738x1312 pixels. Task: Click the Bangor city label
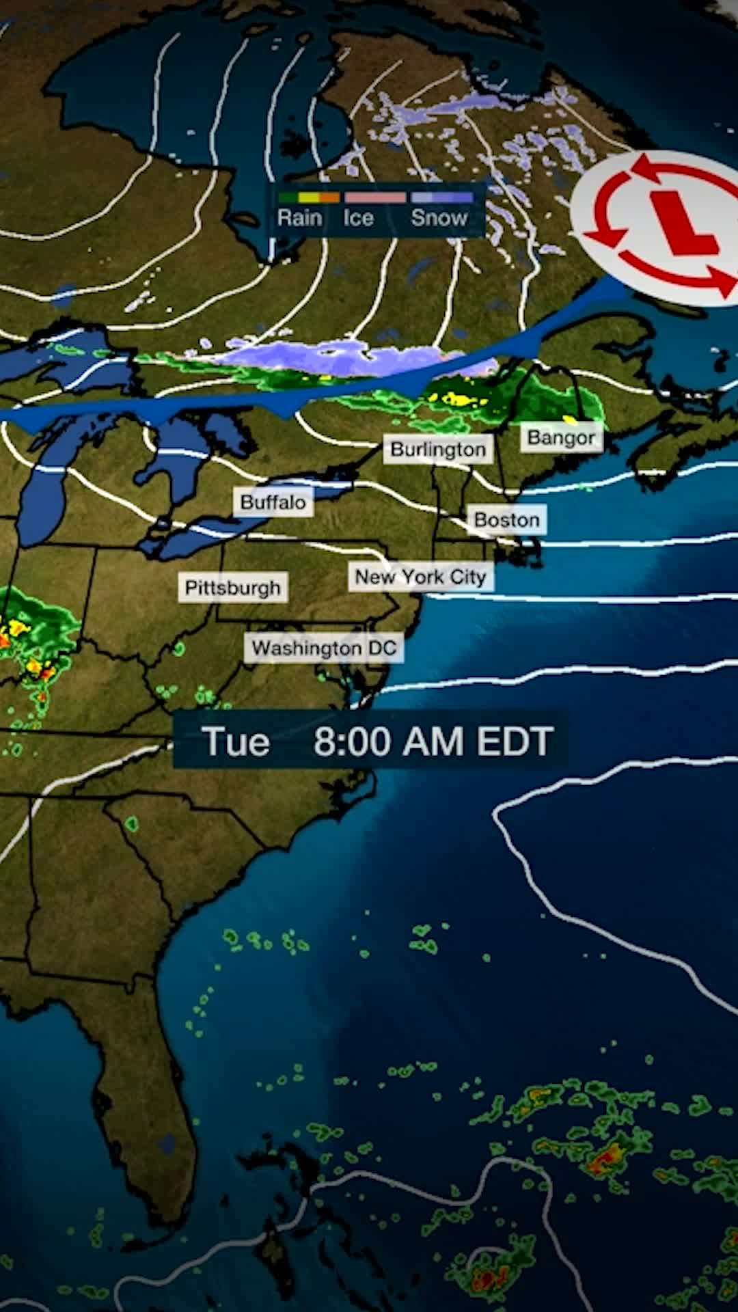tap(561, 438)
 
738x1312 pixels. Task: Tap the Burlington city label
tap(438, 450)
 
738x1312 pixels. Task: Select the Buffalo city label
tap(273, 503)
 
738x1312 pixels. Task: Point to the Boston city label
tap(506, 520)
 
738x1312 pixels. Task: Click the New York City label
tap(420, 577)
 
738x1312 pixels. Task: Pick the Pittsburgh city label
tap(232, 588)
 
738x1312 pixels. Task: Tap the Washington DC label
tap(324, 648)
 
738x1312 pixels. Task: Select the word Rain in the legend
tap(299, 218)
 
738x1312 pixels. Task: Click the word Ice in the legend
tap(358, 218)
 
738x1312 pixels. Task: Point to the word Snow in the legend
tap(439, 218)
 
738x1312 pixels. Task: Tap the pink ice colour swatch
tap(375, 197)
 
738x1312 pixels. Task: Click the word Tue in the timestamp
tap(236, 741)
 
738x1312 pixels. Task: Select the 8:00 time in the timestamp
tap(353, 741)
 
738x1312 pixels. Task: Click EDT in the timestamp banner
tap(515, 741)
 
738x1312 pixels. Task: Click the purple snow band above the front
tap(328, 355)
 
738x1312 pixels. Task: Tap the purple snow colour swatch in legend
tap(442, 197)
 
